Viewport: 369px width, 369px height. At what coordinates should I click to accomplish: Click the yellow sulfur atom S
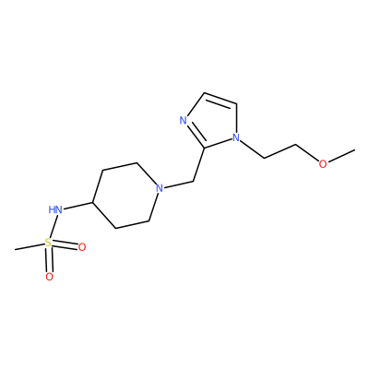pyautogui.click(x=48, y=243)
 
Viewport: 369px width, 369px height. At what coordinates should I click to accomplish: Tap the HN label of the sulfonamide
pyautogui.click(x=55, y=210)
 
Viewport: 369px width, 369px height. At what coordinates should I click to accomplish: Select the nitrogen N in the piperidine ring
pyautogui.click(x=159, y=188)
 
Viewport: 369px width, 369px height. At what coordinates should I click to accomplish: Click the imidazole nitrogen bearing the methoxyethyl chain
pyautogui.click(x=236, y=137)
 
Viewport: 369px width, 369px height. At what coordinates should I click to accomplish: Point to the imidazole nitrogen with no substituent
pyautogui.click(x=184, y=120)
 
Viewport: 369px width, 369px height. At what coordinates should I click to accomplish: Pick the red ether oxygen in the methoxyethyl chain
pyautogui.click(x=323, y=164)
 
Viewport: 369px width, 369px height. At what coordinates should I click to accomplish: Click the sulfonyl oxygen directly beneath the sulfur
pyautogui.click(x=49, y=277)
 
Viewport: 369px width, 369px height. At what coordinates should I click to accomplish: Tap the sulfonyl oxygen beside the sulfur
pyautogui.click(x=82, y=247)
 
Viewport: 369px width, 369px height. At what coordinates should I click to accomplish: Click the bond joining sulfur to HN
pyautogui.click(x=53, y=226)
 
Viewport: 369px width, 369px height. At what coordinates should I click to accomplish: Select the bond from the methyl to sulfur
pyautogui.click(x=30, y=246)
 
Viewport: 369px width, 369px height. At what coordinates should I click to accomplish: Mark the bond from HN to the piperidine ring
pyautogui.click(x=77, y=207)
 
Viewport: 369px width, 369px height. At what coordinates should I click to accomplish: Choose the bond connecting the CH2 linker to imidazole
pyautogui.click(x=198, y=164)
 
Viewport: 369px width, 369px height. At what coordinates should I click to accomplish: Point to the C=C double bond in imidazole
pyautogui.click(x=220, y=99)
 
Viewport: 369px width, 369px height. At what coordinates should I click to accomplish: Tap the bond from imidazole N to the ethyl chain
pyautogui.click(x=252, y=149)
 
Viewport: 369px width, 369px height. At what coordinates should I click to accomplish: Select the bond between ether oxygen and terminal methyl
pyautogui.click(x=341, y=156)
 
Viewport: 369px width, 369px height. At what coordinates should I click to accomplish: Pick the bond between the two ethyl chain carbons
pyautogui.click(x=280, y=151)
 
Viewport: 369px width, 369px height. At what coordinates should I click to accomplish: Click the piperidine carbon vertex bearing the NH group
pyautogui.click(x=92, y=202)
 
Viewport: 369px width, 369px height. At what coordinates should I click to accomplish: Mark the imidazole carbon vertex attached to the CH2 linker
pyautogui.click(x=205, y=148)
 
